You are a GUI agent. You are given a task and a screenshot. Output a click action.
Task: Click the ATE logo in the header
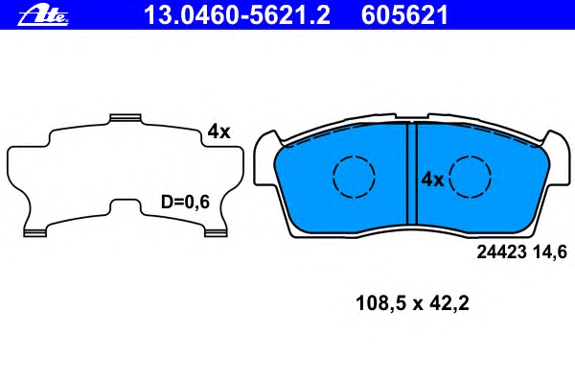[x=43, y=15]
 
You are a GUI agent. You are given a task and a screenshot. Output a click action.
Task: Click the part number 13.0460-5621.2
[x=237, y=15]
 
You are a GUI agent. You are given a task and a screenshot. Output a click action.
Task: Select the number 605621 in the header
[x=404, y=15]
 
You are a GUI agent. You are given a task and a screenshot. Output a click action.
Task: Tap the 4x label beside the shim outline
[x=218, y=132]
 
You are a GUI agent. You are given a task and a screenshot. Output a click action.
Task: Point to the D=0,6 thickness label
[x=185, y=202]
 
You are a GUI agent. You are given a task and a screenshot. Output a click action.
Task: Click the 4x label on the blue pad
[x=433, y=180]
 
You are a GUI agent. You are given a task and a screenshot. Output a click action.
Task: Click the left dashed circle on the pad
[x=354, y=177]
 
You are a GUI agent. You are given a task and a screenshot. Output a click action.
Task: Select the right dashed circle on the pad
[x=471, y=177]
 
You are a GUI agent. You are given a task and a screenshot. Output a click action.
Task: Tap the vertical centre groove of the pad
[x=412, y=174]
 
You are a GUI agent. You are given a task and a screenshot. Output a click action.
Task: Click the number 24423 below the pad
[x=501, y=252]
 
